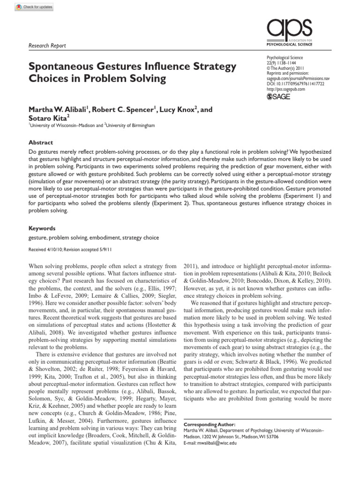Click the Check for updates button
pos(34,7)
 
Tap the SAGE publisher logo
pos(278,97)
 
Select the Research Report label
pos(47,45)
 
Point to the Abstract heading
pos(41,142)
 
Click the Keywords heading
pos(42,228)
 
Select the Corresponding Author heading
pos(209,424)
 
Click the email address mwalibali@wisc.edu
pos(210,443)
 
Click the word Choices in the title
pos(47,78)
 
